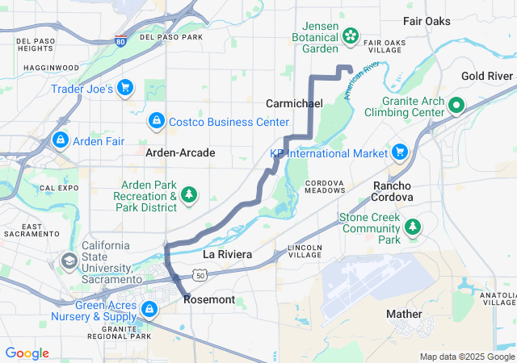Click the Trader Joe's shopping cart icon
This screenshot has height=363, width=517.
click(125, 87)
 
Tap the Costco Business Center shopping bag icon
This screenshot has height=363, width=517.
click(155, 121)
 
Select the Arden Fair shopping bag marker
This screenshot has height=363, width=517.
click(60, 140)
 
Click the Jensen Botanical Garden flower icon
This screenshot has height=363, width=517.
click(351, 35)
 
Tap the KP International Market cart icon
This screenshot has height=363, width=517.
click(399, 152)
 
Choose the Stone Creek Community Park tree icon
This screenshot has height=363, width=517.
click(413, 227)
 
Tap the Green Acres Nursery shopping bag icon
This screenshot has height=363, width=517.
click(149, 309)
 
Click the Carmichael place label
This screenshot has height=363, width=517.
click(294, 104)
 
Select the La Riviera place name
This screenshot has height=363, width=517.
click(227, 254)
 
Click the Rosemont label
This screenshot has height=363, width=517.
click(209, 299)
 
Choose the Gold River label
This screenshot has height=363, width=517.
click(487, 76)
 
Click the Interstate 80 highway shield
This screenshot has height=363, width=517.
click(120, 41)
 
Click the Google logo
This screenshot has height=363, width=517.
click(27, 353)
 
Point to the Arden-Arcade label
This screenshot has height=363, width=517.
click(180, 152)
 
